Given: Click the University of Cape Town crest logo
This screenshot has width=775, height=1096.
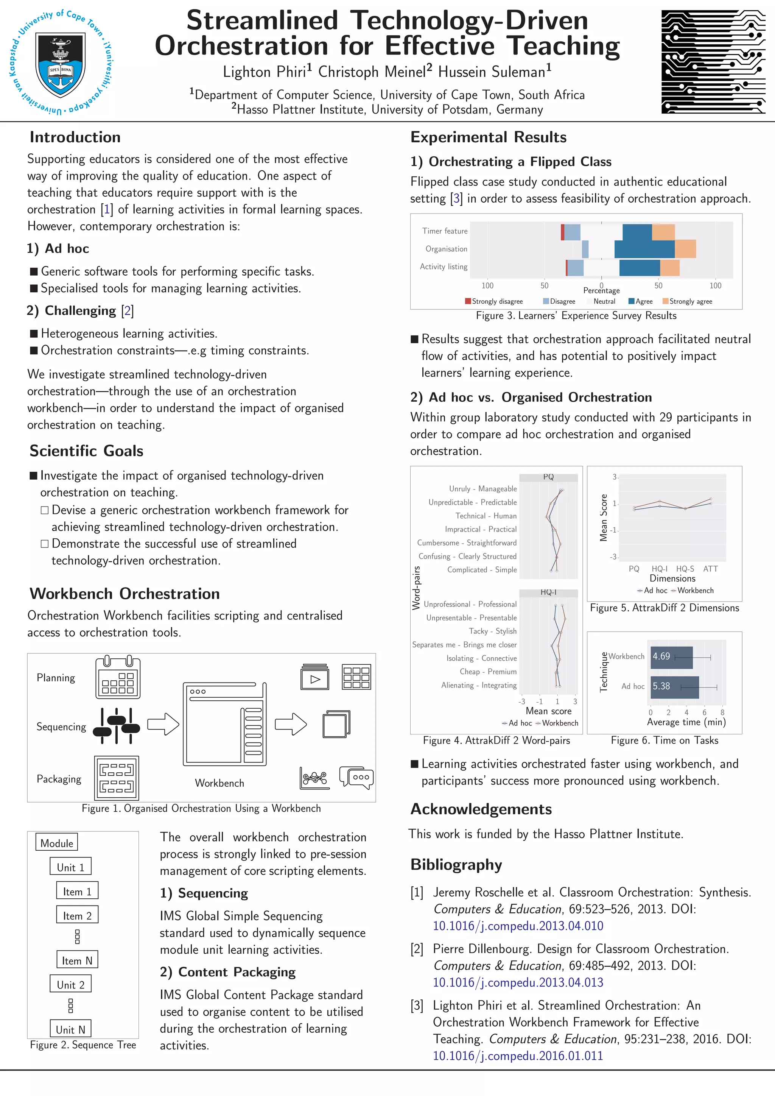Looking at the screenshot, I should pyautogui.click(x=61, y=62).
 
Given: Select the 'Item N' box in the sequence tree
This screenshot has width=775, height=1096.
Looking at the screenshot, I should pyautogui.click(x=77, y=960).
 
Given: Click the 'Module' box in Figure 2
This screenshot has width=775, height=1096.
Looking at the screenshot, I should pyautogui.click(x=56, y=843).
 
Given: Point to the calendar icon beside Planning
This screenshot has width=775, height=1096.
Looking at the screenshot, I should pyautogui.click(x=118, y=678).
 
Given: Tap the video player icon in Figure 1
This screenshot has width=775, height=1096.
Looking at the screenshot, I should pyautogui.click(x=314, y=677).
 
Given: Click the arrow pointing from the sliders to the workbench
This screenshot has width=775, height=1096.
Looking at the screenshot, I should pyautogui.click(x=163, y=724).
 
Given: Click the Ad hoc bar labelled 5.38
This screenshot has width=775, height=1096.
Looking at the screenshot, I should pyautogui.click(x=675, y=687).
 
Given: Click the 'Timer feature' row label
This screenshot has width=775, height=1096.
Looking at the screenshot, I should pyautogui.click(x=444, y=231).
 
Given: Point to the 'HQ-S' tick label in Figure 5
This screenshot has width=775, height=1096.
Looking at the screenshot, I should pyautogui.click(x=685, y=569).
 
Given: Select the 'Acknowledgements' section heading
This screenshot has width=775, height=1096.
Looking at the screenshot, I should pyautogui.click(x=481, y=809).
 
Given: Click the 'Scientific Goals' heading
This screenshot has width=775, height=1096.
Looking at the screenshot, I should pyautogui.click(x=86, y=451).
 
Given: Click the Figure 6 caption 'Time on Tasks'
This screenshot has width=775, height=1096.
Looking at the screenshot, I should pyautogui.click(x=664, y=741).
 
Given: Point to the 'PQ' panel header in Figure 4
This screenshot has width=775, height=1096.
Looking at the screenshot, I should pyautogui.click(x=548, y=477).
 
